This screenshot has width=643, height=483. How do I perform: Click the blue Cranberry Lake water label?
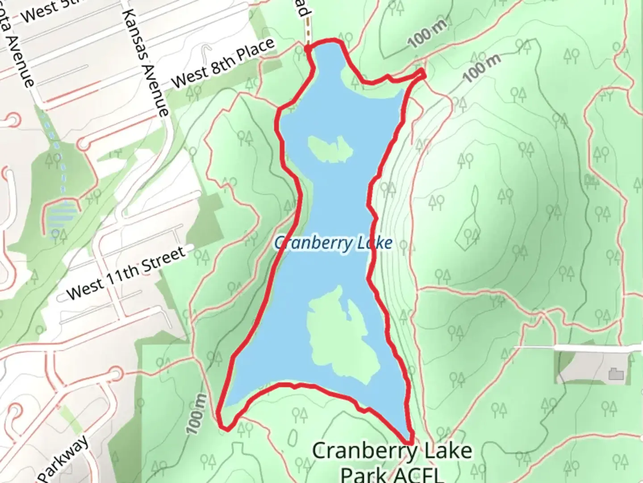(333, 243)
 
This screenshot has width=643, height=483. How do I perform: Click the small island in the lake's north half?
(330, 149)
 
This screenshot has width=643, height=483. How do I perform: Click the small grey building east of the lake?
(616, 373)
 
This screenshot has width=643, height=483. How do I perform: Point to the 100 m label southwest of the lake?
(197, 414)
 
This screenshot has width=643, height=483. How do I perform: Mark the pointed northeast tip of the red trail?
(423, 72)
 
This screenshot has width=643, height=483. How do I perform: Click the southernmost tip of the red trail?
(409, 442)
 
